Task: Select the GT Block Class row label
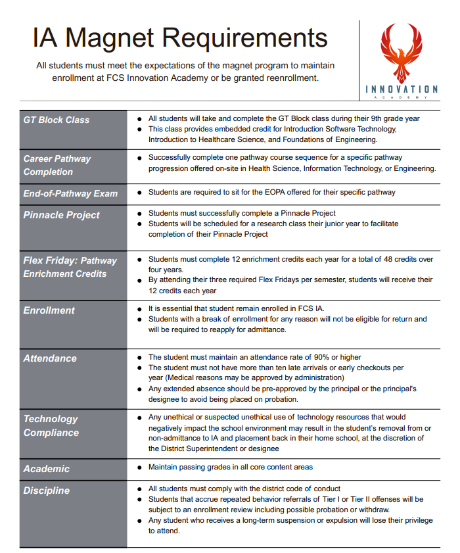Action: click(x=57, y=120)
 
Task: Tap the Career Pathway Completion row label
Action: click(x=57, y=165)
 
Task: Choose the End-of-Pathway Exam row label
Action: click(x=70, y=193)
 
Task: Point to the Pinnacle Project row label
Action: click(x=62, y=215)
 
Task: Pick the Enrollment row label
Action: click(x=49, y=310)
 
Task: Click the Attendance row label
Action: click(x=50, y=358)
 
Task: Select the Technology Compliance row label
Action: click(x=51, y=425)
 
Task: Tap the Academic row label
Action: click(x=47, y=469)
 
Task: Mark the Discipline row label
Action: click(x=47, y=491)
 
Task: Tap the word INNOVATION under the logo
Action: click(x=402, y=89)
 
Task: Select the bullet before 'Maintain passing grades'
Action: click(x=140, y=468)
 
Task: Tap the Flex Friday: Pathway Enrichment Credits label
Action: click(x=70, y=267)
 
